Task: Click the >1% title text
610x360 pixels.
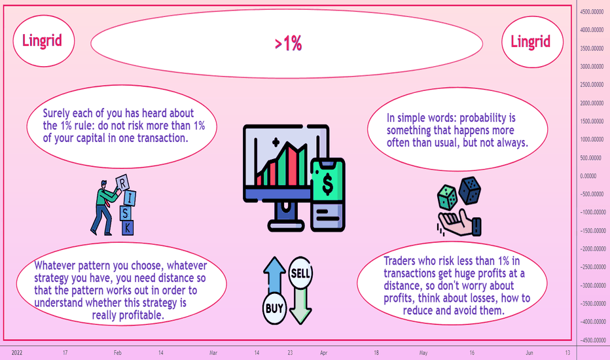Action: pos(288,43)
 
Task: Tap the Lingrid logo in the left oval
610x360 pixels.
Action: pos(42,41)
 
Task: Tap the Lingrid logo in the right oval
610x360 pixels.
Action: pos(530,41)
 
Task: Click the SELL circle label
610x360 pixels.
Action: pos(300,273)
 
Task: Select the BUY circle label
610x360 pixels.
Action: pos(274,308)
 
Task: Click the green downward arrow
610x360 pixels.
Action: pos(300,306)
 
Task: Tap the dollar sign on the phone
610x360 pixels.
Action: pos(327,184)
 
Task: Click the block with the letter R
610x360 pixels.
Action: pos(122,183)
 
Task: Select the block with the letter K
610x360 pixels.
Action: pos(128,228)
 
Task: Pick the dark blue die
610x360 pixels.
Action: pos(470,190)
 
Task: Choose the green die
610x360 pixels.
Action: pos(448,197)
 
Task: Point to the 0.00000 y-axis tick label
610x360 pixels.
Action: pos(588,176)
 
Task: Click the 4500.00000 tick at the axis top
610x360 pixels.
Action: pos(592,12)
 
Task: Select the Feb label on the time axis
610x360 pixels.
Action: pos(118,353)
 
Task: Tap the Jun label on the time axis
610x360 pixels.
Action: pos(529,353)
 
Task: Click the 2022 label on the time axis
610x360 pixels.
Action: pos(17,353)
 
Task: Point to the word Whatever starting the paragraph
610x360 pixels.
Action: pos(55,266)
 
